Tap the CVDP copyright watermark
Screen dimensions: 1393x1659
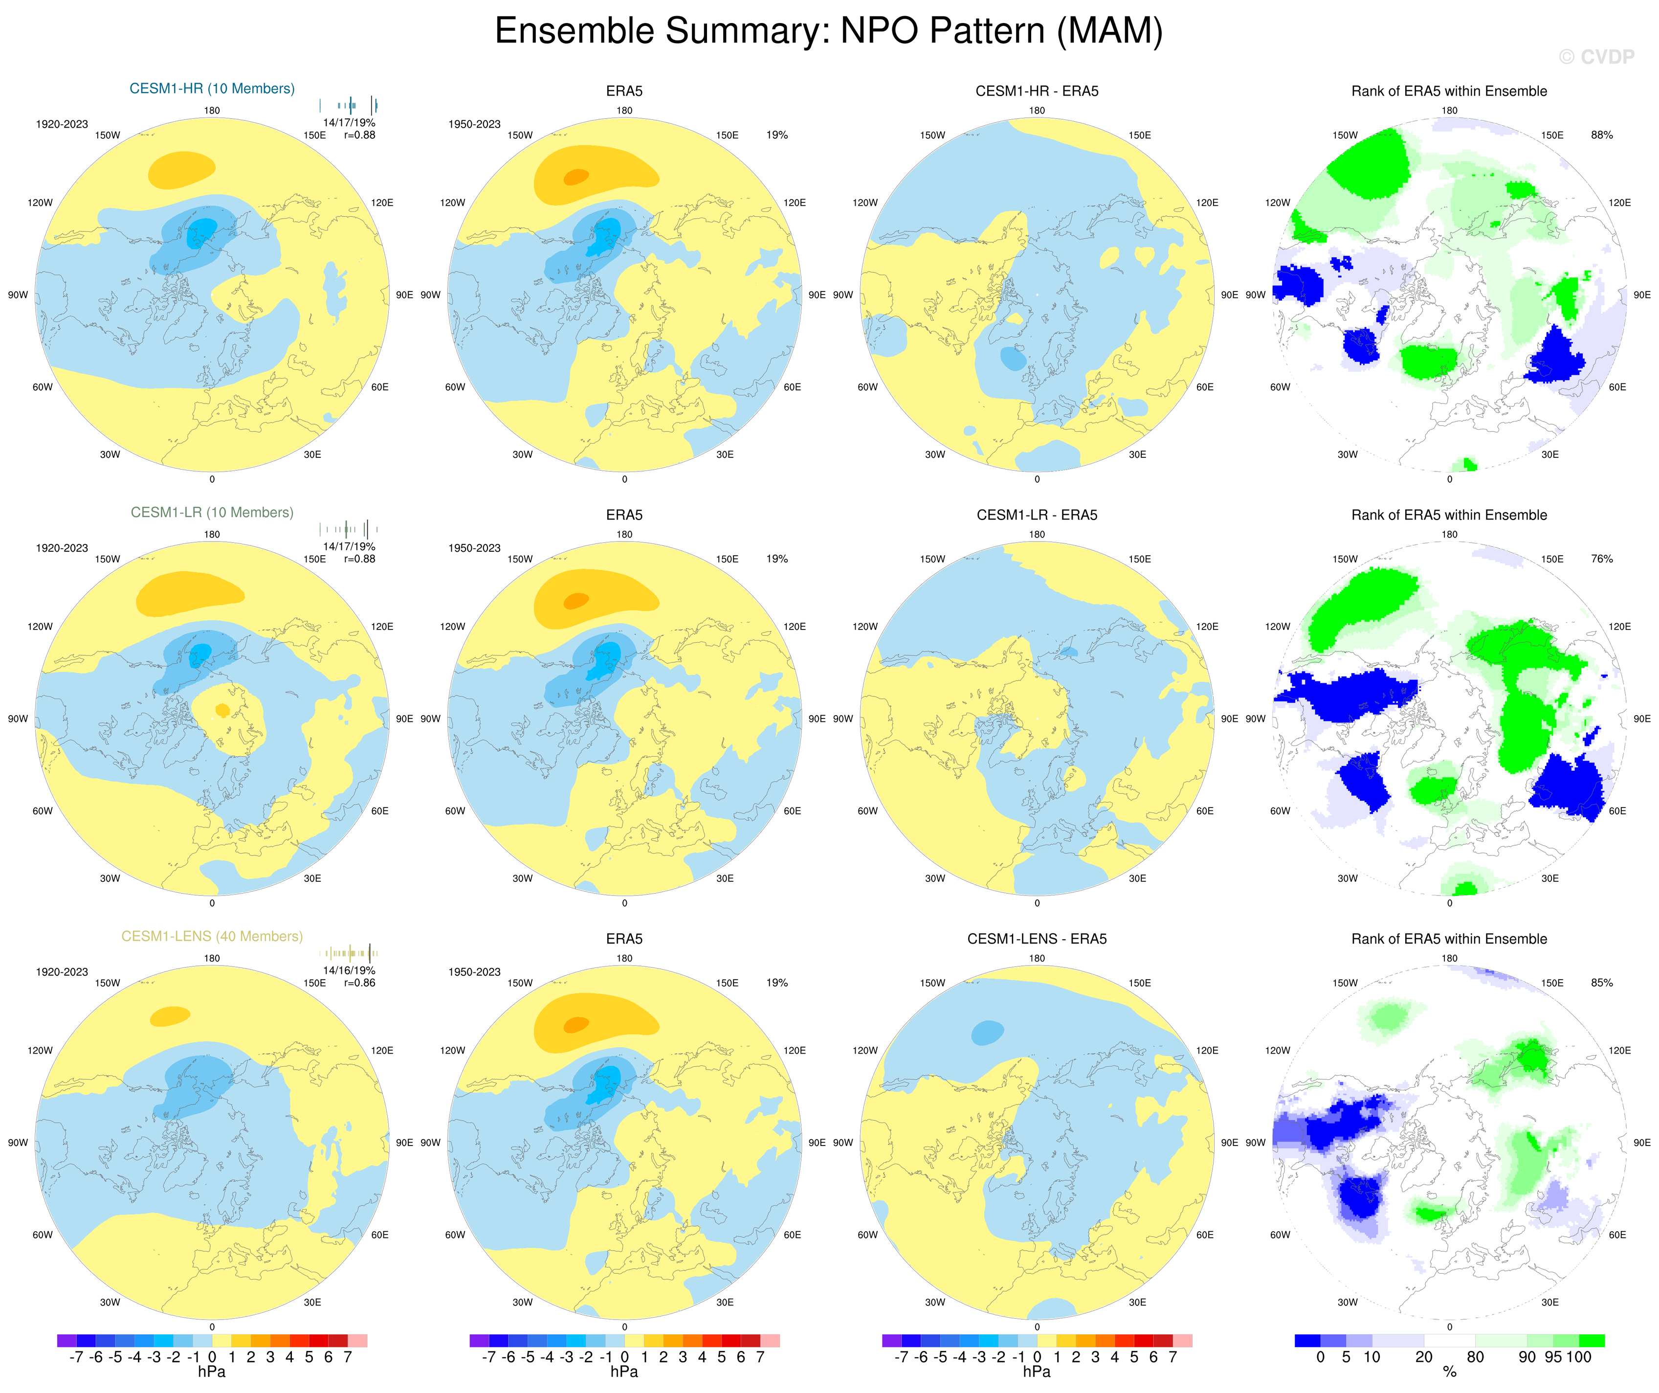(x=1596, y=57)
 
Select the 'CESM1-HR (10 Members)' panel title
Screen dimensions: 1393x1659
(x=212, y=89)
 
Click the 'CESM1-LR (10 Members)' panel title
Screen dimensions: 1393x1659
(x=212, y=512)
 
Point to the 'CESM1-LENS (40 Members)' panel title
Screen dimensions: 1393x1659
(x=212, y=936)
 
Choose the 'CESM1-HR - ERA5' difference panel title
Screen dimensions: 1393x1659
(x=1037, y=91)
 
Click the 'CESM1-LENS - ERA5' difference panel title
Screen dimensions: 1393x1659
(x=1037, y=939)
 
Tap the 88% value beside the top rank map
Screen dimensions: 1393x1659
(x=1601, y=135)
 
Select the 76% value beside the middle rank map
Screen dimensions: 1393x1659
(x=1601, y=559)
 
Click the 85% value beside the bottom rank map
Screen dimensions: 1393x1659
(x=1601, y=983)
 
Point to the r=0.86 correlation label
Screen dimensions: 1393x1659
(x=359, y=983)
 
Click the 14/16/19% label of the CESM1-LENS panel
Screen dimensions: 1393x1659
(x=349, y=970)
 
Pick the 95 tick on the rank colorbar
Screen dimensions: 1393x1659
(x=1553, y=1357)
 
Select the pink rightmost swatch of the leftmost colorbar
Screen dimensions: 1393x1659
(x=357, y=1340)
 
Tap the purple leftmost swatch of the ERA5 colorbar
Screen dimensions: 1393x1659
(x=479, y=1340)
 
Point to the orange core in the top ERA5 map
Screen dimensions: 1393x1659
(x=576, y=176)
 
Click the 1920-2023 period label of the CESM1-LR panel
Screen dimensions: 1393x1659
(x=62, y=547)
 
